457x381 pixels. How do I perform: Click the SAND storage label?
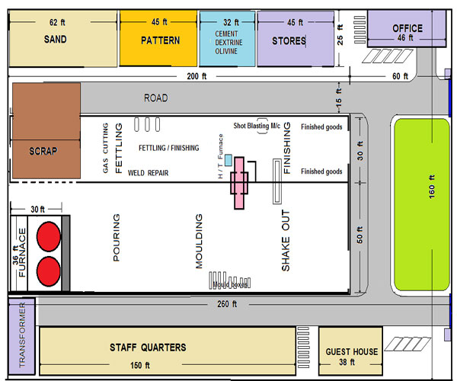click(x=55, y=40)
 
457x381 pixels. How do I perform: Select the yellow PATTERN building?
click(x=159, y=39)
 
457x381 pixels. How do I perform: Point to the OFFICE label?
click(x=407, y=28)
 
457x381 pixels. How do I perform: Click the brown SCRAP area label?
click(x=43, y=151)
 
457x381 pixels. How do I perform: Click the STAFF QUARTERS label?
click(x=148, y=347)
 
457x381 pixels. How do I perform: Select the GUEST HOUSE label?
click(x=351, y=351)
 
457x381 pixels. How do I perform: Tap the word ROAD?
click(x=156, y=98)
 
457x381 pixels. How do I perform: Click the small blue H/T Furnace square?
click(x=228, y=159)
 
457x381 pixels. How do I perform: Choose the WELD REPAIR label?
click(x=148, y=173)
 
